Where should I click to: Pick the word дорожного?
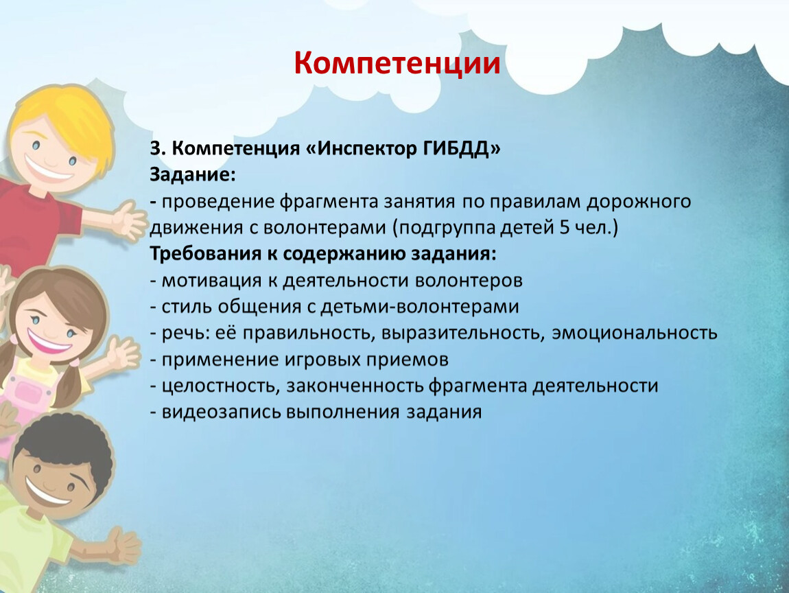[x=639, y=202]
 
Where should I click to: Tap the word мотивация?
[x=211, y=281]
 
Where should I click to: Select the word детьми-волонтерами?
[x=419, y=307]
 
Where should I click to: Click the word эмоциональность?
[x=634, y=333]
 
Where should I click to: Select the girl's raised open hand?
[x=121, y=352]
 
